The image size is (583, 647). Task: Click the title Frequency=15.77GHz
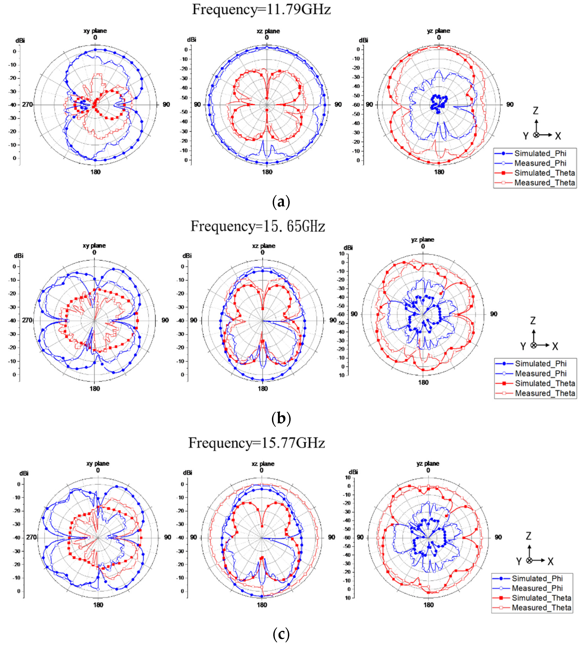pyautogui.click(x=256, y=443)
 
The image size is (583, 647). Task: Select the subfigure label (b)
pyautogui.click(x=281, y=419)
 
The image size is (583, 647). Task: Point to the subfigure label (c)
pyautogui.click(x=281, y=634)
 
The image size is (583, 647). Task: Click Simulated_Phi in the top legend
pyautogui.click(x=540, y=153)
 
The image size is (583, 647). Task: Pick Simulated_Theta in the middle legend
pyautogui.click(x=545, y=383)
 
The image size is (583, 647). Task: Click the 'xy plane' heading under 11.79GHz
pyautogui.click(x=95, y=31)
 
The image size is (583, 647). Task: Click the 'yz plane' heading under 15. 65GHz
pyautogui.click(x=422, y=239)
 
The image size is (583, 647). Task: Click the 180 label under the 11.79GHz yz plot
pyautogui.click(x=439, y=172)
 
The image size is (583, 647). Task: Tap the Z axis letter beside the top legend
pyautogui.click(x=535, y=111)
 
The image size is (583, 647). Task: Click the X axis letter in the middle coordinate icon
pyautogui.click(x=555, y=346)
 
